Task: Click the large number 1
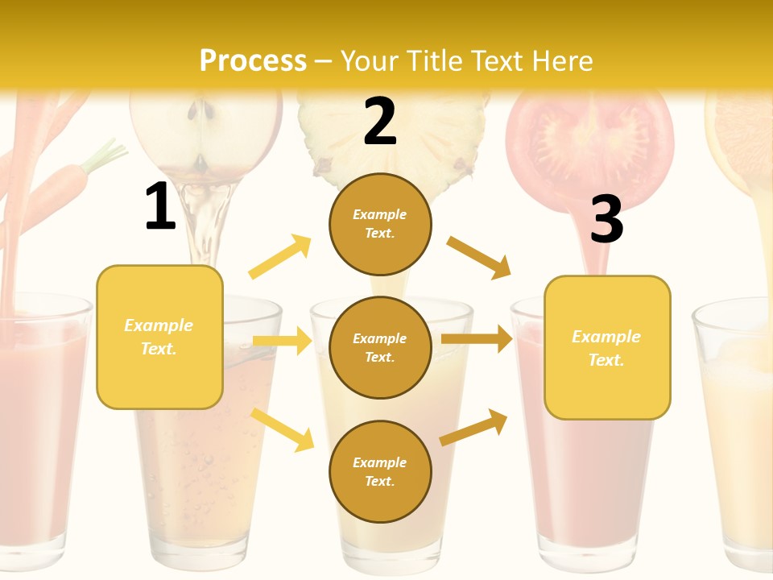tap(160, 207)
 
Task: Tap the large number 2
tap(380, 122)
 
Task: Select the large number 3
tap(606, 220)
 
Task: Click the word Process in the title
tap(253, 60)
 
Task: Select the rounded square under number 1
tap(159, 337)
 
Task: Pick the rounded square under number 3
tap(607, 348)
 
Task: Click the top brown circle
tap(380, 224)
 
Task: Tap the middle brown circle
tap(380, 347)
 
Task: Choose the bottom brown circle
tap(380, 471)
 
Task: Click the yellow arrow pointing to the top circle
tap(280, 257)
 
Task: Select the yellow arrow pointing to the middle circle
tap(282, 341)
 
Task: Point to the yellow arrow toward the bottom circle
tap(283, 429)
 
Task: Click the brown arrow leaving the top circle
tap(478, 257)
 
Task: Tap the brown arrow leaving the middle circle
tap(477, 339)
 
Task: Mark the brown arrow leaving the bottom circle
tap(473, 428)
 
